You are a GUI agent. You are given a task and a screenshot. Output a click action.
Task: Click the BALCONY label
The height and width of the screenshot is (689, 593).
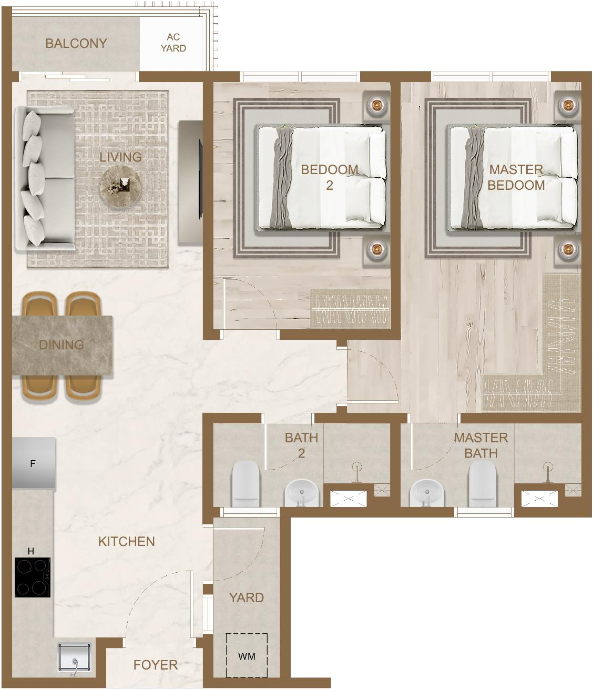click(76, 43)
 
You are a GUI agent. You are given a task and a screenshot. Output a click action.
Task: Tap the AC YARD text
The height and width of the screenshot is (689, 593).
click(173, 43)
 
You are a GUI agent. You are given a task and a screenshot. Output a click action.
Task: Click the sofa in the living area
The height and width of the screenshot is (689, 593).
click(45, 178)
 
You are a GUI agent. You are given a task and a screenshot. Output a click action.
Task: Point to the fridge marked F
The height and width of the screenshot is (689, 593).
click(33, 463)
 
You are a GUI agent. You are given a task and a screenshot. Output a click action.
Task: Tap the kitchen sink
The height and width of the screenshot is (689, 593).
click(74, 657)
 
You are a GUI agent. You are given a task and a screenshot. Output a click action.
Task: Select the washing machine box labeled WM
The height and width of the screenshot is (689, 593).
click(247, 656)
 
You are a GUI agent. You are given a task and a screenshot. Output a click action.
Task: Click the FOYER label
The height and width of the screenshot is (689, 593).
click(155, 665)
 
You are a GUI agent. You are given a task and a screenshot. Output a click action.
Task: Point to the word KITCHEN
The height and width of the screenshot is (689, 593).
click(127, 542)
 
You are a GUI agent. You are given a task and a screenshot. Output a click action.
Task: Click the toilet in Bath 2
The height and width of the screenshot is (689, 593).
click(246, 484)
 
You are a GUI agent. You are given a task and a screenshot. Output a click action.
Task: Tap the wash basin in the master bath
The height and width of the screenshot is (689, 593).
click(427, 493)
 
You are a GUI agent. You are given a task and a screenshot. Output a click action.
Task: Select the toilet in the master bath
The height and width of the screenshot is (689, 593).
click(483, 484)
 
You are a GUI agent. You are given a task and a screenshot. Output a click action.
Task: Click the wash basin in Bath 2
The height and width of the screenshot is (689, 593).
click(302, 493)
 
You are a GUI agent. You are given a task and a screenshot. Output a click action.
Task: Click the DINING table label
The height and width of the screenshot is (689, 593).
click(62, 345)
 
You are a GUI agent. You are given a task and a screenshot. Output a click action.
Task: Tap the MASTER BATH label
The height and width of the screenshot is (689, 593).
click(481, 445)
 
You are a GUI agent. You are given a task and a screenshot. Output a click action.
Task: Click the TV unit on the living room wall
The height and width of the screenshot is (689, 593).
click(190, 182)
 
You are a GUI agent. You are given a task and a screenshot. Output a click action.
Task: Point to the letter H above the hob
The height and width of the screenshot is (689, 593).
click(30, 551)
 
